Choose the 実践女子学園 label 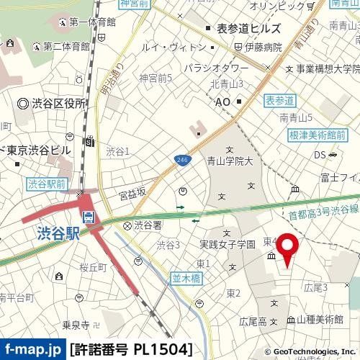[228, 244]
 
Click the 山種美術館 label [320, 318]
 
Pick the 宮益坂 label [132, 193]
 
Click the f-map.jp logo [33, 350]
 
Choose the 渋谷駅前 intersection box [47, 184]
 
